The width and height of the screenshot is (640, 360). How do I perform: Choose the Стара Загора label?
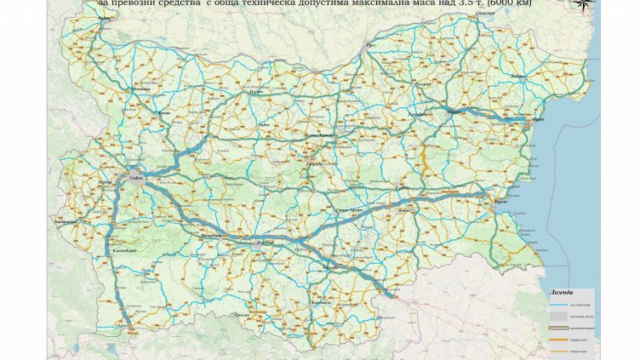[x=340, y=208]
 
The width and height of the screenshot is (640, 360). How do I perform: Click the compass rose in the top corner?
[x=585, y=5]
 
